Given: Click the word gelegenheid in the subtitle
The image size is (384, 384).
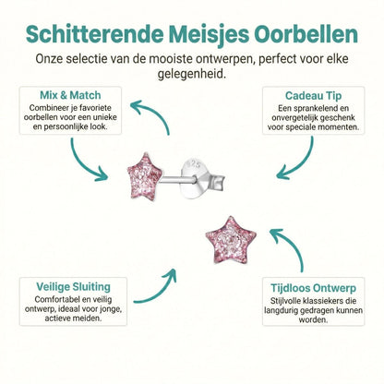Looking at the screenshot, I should [192, 74].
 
